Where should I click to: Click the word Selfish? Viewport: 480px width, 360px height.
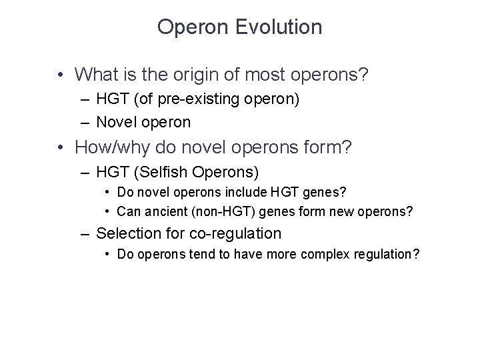click(x=163, y=173)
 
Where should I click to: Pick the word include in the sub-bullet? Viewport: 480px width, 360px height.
click(x=250, y=193)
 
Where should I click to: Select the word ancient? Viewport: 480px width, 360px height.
click(x=165, y=211)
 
